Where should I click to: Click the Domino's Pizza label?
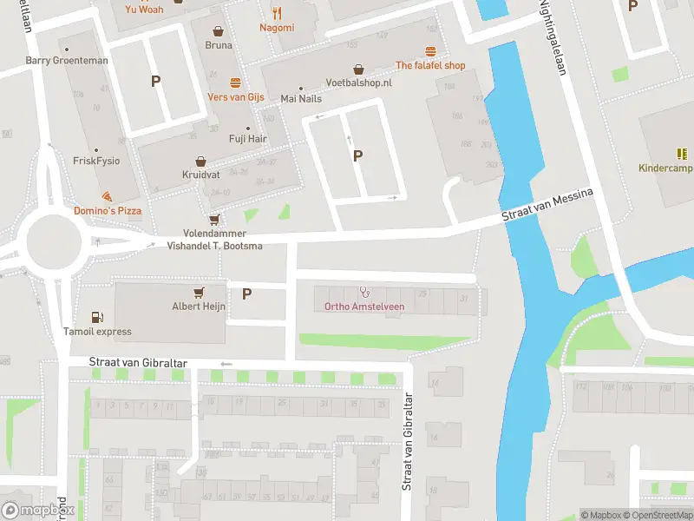pyautogui.click(x=108, y=211)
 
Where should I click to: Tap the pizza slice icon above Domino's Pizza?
pyautogui.click(x=107, y=197)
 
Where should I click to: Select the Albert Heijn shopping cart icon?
pyautogui.click(x=200, y=292)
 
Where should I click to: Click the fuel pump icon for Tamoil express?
pyautogui.click(x=97, y=318)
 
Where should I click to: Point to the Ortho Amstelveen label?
pyautogui.click(x=363, y=306)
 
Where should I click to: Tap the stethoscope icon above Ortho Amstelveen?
pyautogui.click(x=363, y=292)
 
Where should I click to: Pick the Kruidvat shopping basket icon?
pyautogui.click(x=200, y=162)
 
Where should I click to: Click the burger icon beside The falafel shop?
pyautogui.click(x=430, y=51)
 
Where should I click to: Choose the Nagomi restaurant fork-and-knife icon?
pyautogui.click(x=277, y=13)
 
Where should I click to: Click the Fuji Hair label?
pyautogui.click(x=249, y=139)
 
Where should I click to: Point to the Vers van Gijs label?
pyautogui.click(x=235, y=96)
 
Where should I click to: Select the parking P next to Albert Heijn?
pyautogui.click(x=246, y=293)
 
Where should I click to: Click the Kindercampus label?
pyautogui.click(x=664, y=168)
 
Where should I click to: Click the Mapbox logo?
pyautogui.click(x=38, y=511)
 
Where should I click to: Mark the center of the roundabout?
pyautogui.click(x=54, y=241)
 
